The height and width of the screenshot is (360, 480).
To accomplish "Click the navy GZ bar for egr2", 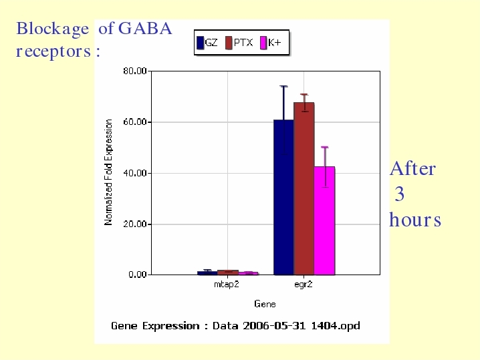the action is pos(283,197).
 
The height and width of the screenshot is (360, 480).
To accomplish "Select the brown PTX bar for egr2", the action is pos(304,189).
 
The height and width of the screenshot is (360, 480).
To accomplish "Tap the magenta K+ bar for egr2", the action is pos(324,221).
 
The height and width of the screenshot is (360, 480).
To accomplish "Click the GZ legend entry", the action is pos(207,43).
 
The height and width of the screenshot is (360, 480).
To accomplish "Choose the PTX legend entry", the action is pos(239,43).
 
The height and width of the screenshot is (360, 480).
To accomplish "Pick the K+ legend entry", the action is pos(270,43).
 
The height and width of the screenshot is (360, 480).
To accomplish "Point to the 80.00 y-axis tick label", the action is pos(135,71).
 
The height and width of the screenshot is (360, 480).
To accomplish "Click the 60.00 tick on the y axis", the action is pos(135,122).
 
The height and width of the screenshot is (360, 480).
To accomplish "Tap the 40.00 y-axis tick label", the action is pos(135,173).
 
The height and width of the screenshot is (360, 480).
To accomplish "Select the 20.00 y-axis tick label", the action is pos(135,224).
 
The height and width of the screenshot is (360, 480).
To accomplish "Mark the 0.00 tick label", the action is pos(138,275).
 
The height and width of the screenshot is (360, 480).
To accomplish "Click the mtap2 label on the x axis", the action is pos(227,285).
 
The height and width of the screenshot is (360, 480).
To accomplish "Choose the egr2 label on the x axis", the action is pos(304,285).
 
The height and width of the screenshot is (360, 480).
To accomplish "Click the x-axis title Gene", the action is pos(265,304).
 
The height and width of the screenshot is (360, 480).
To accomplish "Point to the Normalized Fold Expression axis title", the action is pos(108,172).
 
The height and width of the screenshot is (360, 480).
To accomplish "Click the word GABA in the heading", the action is pos(145,29).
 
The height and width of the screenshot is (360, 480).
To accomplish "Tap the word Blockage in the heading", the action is pos(52,29).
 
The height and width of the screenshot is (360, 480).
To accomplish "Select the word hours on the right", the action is pos(415,220).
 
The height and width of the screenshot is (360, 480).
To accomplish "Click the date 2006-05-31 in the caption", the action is pos(274,326).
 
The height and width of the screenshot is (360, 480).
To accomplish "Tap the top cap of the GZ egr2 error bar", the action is pos(283,86).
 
